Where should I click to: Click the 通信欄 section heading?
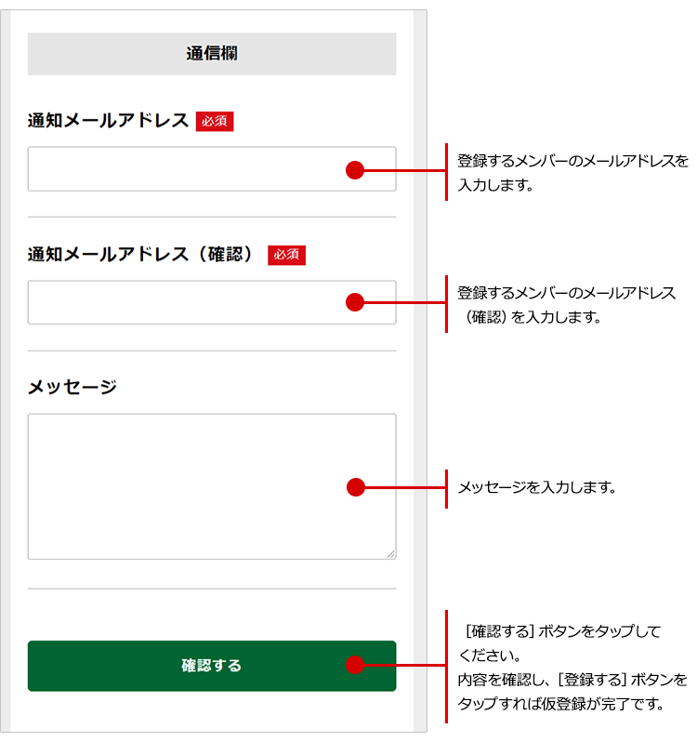(212, 54)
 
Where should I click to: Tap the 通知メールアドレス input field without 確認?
(186, 169)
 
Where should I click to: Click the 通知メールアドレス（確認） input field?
(186, 302)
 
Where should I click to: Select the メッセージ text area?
(186, 486)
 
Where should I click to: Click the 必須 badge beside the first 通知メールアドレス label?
(215, 121)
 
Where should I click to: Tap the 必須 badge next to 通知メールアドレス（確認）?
(286, 255)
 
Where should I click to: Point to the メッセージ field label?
(72, 387)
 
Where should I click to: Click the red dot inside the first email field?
(354, 169)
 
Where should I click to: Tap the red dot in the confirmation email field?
(354, 302)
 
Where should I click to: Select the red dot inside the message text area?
(354, 486)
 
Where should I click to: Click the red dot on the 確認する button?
(354, 665)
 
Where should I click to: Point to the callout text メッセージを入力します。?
(537, 487)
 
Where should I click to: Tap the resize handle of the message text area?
(390, 553)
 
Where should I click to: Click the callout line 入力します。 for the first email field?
(494, 184)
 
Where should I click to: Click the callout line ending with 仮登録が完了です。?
(560, 703)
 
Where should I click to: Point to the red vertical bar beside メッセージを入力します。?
(446, 487)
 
